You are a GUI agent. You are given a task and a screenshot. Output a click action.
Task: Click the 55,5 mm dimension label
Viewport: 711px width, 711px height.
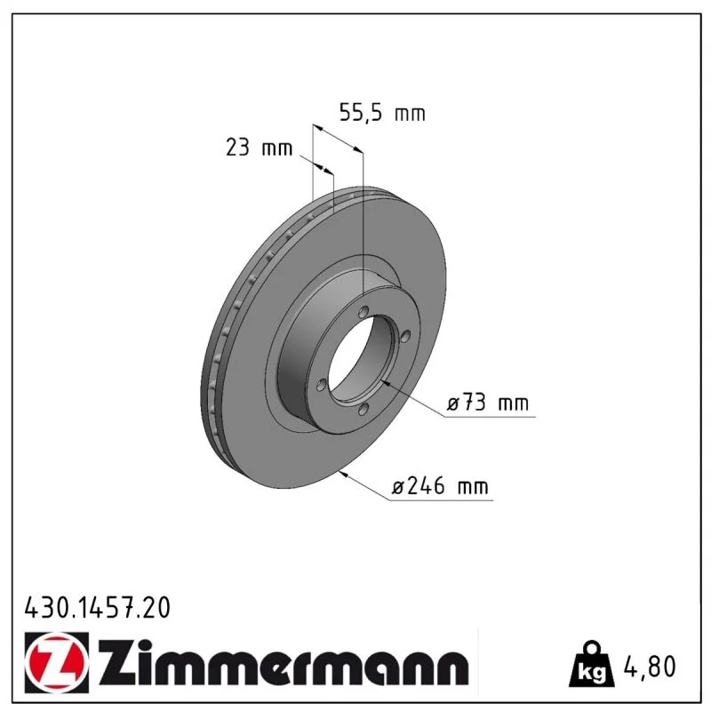coord(382,113)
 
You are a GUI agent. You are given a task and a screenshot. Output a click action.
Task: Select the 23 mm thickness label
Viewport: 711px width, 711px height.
coord(259,148)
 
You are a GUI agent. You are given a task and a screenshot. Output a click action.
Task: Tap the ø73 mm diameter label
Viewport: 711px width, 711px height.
coord(488,403)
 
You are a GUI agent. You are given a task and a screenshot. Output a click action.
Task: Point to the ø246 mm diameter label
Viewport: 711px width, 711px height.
coord(440,486)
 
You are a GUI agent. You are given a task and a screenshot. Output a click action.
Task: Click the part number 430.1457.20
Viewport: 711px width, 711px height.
coord(98,608)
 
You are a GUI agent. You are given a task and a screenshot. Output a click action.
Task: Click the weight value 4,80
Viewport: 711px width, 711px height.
coord(650,666)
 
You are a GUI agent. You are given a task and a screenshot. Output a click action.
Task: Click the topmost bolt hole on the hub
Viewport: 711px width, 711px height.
coord(363,312)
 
